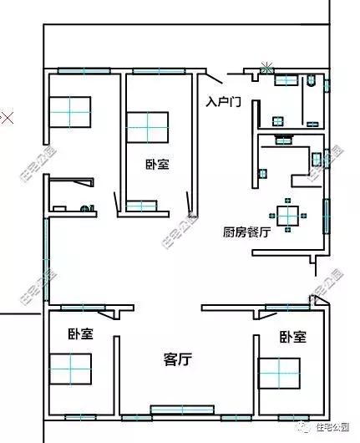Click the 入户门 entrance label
point(223,101)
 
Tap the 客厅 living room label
point(177,359)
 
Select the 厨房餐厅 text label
point(246,232)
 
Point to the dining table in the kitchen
point(289,215)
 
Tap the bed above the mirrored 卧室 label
point(148,128)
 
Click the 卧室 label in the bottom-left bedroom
point(80,334)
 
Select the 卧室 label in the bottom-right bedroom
point(292,337)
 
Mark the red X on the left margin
point(8,118)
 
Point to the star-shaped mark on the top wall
point(266,66)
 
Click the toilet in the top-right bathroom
point(310,81)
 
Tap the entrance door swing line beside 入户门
point(213,80)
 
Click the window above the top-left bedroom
point(84,70)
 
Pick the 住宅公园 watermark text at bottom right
point(328,427)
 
